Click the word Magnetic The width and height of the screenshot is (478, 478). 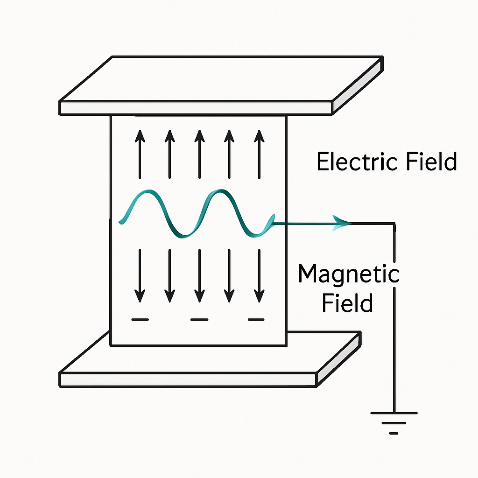[x=349, y=274]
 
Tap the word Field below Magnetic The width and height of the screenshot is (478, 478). [x=347, y=302]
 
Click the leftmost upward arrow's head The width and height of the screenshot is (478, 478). [x=140, y=136]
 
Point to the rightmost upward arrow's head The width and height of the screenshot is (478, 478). [x=259, y=136]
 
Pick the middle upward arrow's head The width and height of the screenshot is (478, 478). [x=199, y=136]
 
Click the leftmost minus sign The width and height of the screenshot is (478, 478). [x=140, y=319]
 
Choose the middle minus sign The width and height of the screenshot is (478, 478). [x=199, y=319]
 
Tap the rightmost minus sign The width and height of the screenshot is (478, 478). [x=256, y=319]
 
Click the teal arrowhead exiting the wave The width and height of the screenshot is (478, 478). [x=341, y=223]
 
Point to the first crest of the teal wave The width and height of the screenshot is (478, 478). [x=148, y=191]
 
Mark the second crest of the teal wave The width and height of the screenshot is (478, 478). [x=221, y=191]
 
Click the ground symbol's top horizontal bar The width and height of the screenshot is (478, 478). [x=394, y=413]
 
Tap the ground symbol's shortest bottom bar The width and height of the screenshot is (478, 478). [x=394, y=433]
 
